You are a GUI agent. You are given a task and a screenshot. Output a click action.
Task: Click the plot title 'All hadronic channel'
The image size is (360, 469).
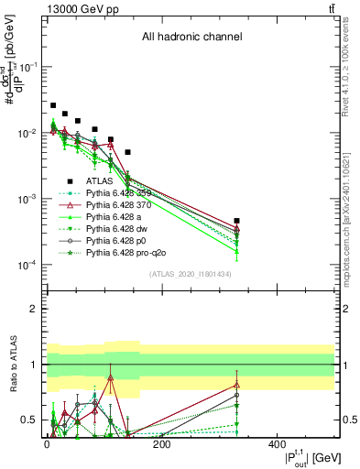(x=191, y=38)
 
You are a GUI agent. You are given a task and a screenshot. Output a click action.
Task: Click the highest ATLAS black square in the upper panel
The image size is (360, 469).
(x=53, y=105)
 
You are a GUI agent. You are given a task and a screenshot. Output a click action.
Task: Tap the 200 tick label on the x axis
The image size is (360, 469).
(x=161, y=444)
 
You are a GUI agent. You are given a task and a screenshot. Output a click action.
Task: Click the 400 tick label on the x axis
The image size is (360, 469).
(x=277, y=444)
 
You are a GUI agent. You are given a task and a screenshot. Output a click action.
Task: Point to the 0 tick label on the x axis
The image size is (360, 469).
(x=47, y=444)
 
